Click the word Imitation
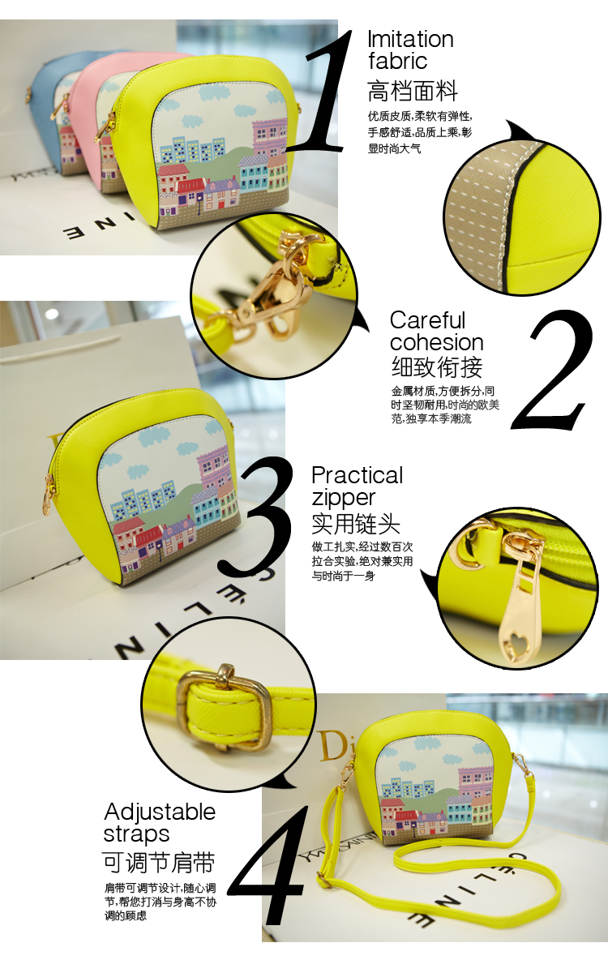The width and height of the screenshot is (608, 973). point(410,39)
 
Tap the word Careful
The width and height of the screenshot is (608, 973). point(427,320)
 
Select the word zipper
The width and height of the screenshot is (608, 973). point(344,499)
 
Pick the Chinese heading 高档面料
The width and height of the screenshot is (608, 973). point(413,91)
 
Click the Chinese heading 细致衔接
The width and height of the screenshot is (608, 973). point(437,366)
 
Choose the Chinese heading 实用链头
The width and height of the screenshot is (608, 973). point(356,524)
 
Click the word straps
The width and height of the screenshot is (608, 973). point(136,835)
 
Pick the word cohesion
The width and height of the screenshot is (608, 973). point(436,342)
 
